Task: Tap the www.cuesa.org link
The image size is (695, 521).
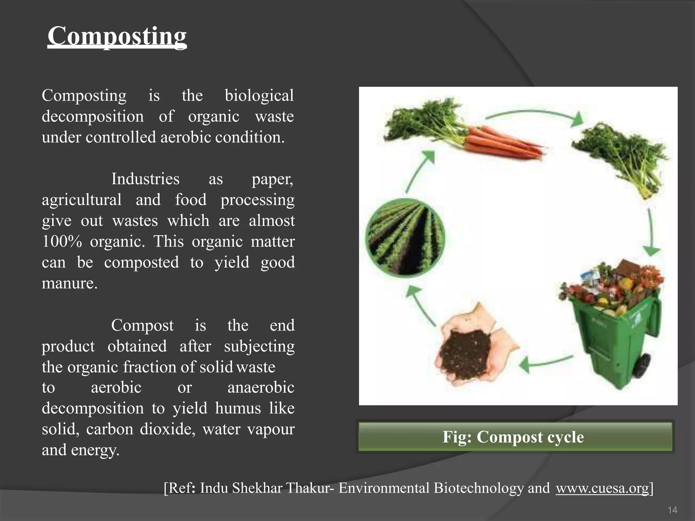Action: (602, 488)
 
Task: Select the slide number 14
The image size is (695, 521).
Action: (672, 510)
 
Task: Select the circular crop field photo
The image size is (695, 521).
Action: (405, 238)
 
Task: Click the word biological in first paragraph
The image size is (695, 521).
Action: (259, 96)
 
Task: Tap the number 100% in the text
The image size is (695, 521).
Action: (62, 242)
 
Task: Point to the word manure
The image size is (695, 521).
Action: (69, 284)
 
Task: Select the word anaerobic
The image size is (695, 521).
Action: (261, 387)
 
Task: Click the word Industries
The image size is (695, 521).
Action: (145, 179)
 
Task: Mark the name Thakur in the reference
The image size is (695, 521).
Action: (308, 488)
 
